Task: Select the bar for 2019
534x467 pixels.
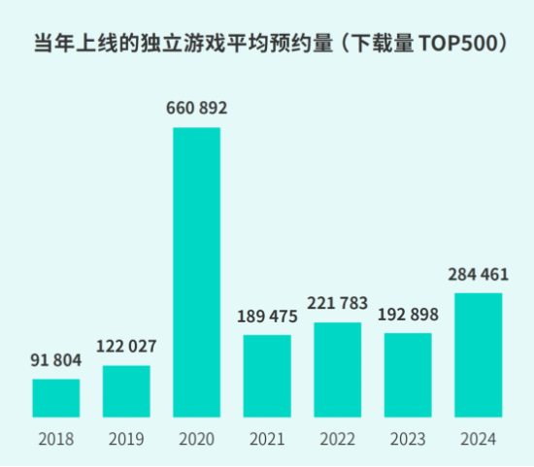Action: coord(126,391)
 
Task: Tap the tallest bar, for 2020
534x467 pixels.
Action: coord(197,273)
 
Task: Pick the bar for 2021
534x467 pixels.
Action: coord(267,376)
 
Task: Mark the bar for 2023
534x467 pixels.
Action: coord(408,375)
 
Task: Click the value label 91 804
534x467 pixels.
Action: coord(56,361)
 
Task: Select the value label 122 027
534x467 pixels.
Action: coord(126,347)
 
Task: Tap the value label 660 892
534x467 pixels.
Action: coord(197,108)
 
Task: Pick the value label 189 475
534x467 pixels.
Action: coord(267,316)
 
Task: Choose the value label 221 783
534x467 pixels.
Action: coord(338,304)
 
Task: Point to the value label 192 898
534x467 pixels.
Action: coord(408,314)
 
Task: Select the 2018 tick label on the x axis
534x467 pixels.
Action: coord(56,440)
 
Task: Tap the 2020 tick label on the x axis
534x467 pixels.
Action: coord(197,440)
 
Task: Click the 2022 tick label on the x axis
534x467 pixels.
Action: coord(338,440)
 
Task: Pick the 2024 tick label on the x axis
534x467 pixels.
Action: coord(479,440)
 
